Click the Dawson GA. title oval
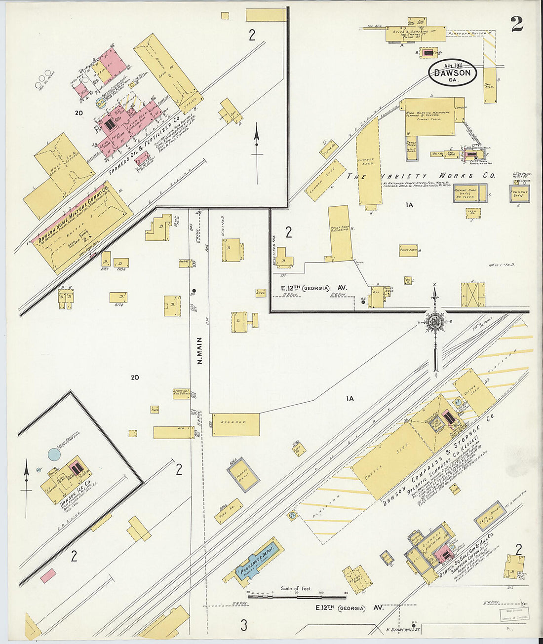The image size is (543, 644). [452, 73]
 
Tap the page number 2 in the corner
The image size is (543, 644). [517, 23]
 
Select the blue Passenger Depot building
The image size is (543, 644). [258, 558]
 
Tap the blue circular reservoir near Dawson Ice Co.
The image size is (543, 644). [54, 454]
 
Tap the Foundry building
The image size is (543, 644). [519, 193]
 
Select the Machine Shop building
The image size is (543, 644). [470, 193]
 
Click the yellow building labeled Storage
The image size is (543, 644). [236, 424]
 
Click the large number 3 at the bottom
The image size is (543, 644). [243, 625]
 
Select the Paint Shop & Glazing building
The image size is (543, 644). [341, 233]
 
